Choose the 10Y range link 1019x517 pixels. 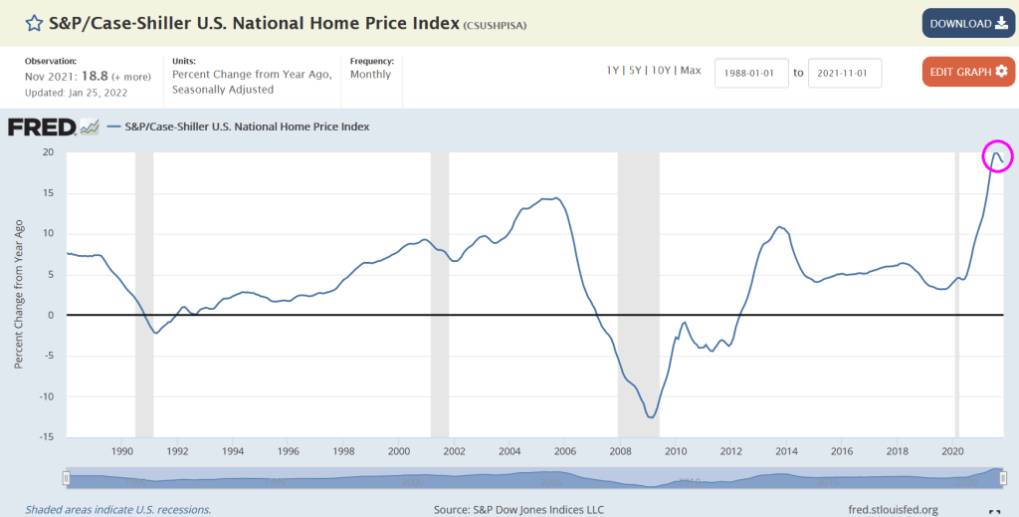coord(662,71)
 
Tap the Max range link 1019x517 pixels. coord(691,71)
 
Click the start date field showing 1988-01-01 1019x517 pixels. coord(750,73)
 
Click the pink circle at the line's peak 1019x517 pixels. coord(997,155)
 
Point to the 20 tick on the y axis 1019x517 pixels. coord(47,152)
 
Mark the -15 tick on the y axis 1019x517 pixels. coord(45,436)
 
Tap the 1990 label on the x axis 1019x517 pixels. coord(121,450)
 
